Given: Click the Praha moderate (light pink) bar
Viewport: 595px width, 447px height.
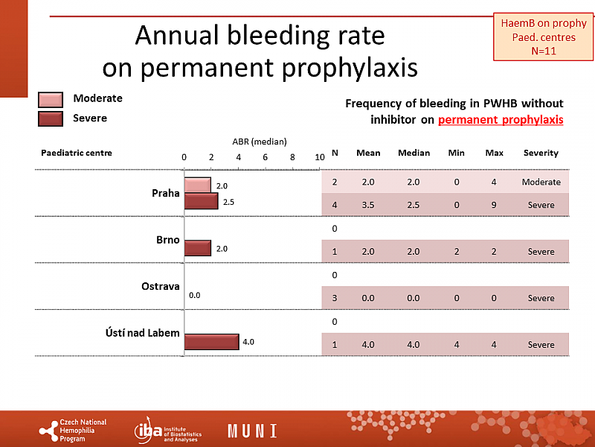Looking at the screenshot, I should tap(198, 185).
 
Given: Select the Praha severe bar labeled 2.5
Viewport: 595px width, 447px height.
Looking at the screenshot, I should tap(201, 201).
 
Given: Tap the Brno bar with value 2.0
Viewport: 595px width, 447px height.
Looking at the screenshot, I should tap(198, 248).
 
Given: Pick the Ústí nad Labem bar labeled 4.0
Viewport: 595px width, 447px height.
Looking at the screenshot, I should tap(211, 341).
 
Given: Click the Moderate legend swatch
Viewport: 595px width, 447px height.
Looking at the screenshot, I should tap(50, 100).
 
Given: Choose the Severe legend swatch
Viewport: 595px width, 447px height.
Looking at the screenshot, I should tap(50, 118).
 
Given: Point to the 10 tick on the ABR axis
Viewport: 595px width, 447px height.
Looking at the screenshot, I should tap(319, 157).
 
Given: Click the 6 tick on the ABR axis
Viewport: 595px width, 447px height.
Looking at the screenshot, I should tap(265, 157).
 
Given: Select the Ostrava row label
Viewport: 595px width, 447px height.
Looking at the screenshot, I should tap(161, 286).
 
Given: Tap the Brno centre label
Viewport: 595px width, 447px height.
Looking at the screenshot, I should tap(168, 240).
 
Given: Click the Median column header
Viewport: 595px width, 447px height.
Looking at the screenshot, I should tap(414, 153).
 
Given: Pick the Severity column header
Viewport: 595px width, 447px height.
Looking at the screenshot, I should tap(541, 153).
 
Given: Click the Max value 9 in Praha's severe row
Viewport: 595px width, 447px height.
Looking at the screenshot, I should tap(494, 205).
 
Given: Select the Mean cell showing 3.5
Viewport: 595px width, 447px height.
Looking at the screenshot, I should tap(368, 205).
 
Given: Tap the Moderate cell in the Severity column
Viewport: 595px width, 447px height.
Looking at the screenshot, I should tap(541, 182).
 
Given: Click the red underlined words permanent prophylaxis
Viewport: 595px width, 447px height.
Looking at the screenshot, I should tap(501, 119).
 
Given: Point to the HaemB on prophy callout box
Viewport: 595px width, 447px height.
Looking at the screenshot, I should tap(539, 37).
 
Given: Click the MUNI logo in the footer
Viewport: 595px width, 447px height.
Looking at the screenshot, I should tap(252, 431).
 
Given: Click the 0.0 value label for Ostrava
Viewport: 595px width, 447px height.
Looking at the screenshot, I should tap(194, 295).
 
